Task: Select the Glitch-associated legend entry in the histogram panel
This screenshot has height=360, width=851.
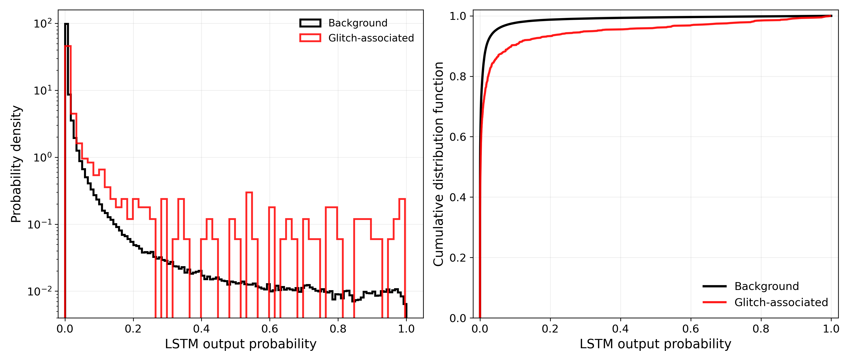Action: [x=357, y=38]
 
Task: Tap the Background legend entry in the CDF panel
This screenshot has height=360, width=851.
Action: [x=751, y=286]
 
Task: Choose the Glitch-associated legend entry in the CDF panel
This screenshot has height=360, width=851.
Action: [x=765, y=302]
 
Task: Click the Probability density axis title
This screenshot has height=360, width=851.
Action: [x=16, y=164]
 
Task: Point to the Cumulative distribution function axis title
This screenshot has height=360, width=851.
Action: [x=438, y=164]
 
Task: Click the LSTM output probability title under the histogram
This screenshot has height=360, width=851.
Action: [x=240, y=344]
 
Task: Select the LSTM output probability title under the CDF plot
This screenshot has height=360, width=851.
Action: [x=655, y=344]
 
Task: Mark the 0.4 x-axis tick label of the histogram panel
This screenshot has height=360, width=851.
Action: [x=201, y=329]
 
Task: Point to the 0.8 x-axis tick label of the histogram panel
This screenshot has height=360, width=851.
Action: [x=338, y=329]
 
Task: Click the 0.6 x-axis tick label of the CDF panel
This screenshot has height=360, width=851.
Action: [x=691, y=329]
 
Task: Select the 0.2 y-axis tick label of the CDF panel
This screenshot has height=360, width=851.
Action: [x=458, y=258]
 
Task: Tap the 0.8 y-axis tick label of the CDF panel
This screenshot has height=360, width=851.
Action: [x=458, y=76]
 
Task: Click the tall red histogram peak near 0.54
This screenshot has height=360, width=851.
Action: [x=249, y=192]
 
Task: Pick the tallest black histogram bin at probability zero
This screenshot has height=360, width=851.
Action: [x=66, y=24]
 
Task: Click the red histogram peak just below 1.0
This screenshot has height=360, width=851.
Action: [x=402, y=199]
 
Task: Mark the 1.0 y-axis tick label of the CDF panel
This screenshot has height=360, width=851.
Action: [x=458, y=16]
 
